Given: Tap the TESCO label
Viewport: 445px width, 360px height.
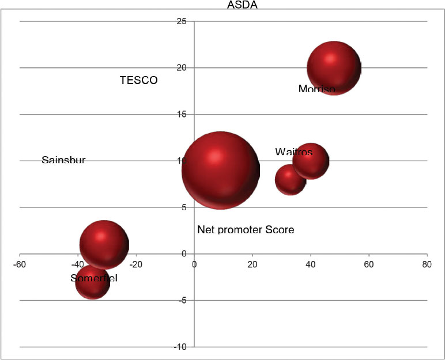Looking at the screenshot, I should pyautogui.click(x=138, y=80).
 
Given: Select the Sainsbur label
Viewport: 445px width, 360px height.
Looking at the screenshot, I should pyautogui.click(x=63, y=160).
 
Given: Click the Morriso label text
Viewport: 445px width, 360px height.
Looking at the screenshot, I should pyautogui.click(x=316, y=89).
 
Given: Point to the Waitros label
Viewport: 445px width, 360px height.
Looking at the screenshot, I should pyautogui.click(x=293, y=152).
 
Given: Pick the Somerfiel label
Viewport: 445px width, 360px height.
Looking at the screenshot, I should pyautogui.click(x=94, y=278).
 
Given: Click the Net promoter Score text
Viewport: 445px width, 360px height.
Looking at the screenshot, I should pyautogui.click(x=246, y=230).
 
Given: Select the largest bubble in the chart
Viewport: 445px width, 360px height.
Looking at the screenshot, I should pyautogui.click(x=220, y=170).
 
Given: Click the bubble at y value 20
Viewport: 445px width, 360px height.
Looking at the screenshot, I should pyautogui.click(x=334, y=68).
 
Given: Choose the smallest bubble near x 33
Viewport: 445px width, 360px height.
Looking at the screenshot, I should pyautogui.click(x=290, y=179).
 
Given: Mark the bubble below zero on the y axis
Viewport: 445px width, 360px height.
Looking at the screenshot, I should pyautogui.click(x=92, y=282).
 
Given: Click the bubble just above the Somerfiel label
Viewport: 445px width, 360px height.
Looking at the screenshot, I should pyautogui.click(x=104, y=244).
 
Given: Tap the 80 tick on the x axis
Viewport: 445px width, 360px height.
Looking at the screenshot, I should pyautogui.click(x=426, y=264).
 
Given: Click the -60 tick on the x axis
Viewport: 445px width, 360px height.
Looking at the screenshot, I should pyautogui.click(x=20, y=264).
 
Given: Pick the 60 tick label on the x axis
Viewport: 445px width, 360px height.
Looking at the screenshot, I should pyautogui.click(x=368, y=264).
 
